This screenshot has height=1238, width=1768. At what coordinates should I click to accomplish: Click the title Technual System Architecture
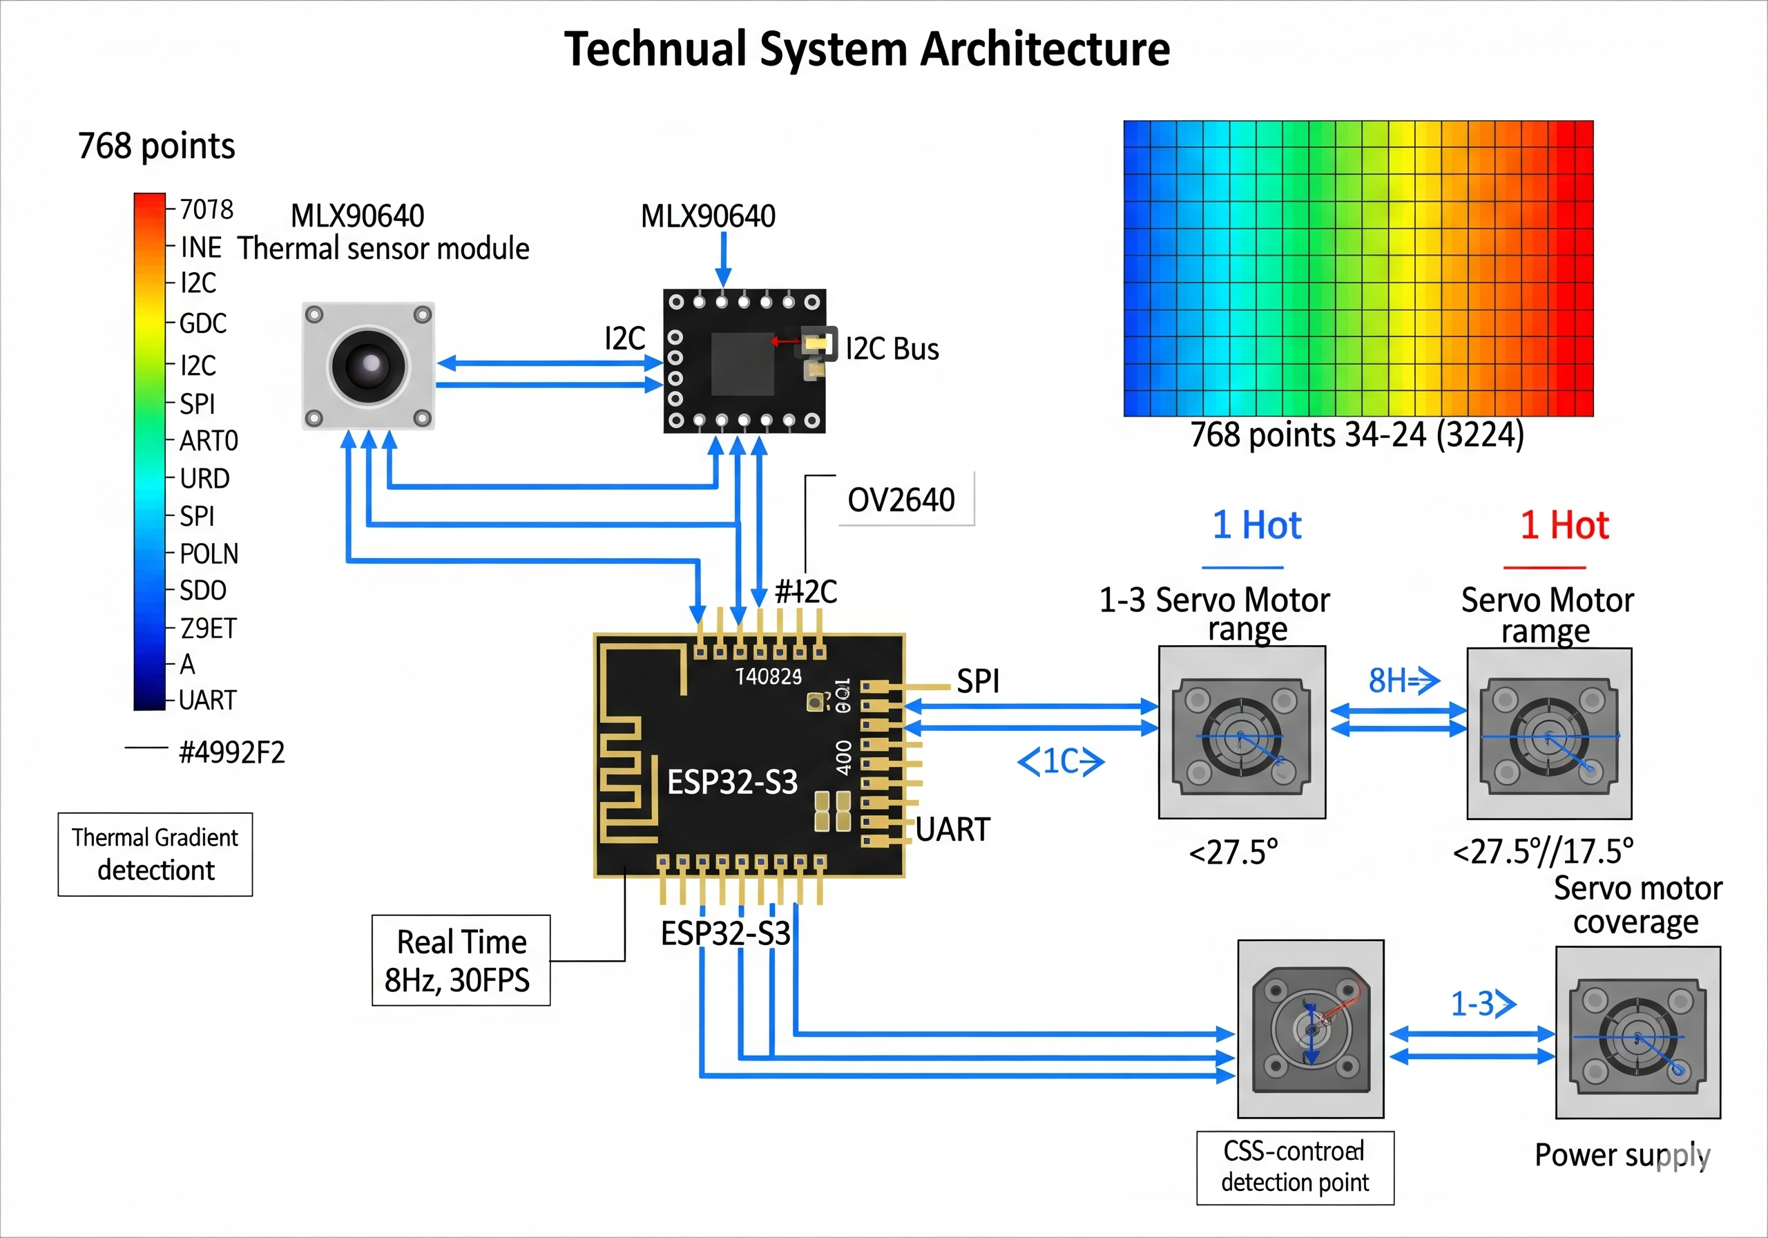[x=867, y=50]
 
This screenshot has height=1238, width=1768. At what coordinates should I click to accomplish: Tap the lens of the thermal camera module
[x=369, y=365]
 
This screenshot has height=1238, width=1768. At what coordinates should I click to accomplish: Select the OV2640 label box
[x=902, y=500]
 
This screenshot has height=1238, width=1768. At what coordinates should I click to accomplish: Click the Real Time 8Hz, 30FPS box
[x=461, y=961]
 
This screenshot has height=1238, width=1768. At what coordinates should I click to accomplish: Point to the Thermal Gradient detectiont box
[x=155, y=855]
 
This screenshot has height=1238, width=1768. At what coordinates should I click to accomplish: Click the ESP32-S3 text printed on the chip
[x=732, y=782]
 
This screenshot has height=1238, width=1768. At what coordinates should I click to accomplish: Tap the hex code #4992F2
[x=232, y=752]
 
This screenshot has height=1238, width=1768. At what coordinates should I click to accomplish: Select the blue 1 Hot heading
[x=1257, y=526]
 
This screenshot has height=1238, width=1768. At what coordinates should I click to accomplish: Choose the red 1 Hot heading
[x=1564, y=526]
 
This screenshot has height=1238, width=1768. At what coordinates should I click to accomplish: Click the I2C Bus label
[x=892, y=350]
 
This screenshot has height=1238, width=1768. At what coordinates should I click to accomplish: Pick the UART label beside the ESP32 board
[x=952, y=830]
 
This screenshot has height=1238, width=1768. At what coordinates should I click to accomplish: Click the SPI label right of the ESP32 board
[x=978, y=682]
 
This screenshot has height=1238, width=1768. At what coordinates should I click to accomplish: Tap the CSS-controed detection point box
[x=1295, y=1167]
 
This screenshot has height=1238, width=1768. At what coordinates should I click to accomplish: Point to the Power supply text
[x=1622, y=1156]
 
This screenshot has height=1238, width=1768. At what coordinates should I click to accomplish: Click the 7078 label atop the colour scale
[x=206, y=209]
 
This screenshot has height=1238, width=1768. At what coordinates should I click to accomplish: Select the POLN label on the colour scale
[x=209, y=554]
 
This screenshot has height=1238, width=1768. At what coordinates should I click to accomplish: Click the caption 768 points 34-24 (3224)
[x=1357, y=435]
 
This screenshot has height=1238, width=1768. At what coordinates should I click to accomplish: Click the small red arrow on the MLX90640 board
[x=785, y=341]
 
